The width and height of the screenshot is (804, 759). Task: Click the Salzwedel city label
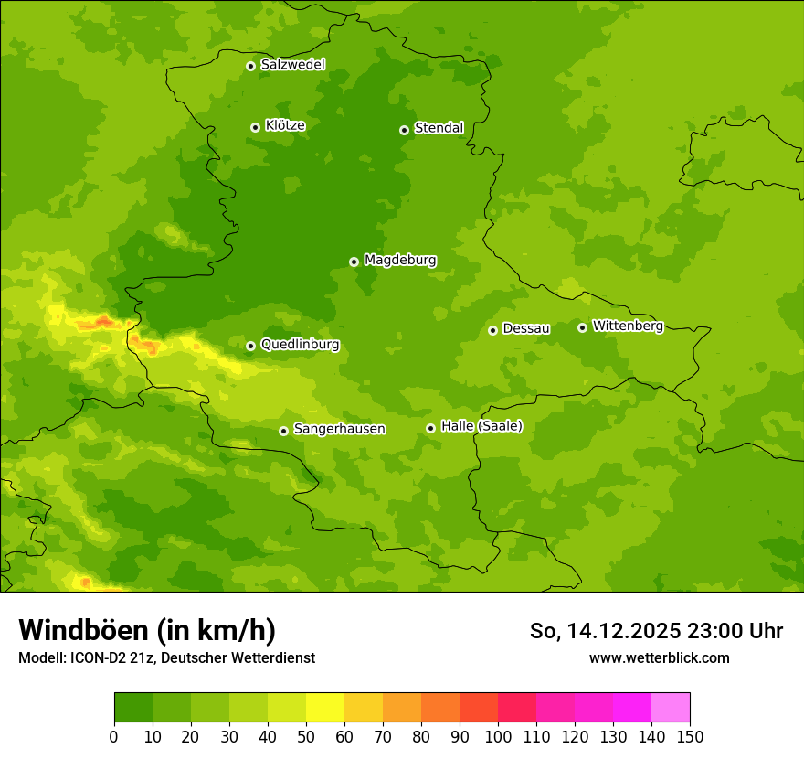(x=292, y=65)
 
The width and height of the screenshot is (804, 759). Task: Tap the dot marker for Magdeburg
(x=354, y=262)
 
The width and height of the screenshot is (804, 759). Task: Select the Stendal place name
(x=439, y=128)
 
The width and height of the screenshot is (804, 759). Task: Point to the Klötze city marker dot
(x=255, y=127)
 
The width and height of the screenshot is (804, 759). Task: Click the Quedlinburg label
(x=300, y=345)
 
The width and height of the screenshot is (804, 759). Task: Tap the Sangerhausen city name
(x=339, y=429)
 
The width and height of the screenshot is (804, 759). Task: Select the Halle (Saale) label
(x=481, y=426)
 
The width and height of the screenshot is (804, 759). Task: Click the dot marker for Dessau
(x=492, y=330)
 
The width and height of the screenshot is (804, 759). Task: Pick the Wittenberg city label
(x=628, y=326)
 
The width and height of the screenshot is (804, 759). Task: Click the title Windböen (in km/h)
(x=147, y=630)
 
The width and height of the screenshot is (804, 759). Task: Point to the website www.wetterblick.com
(x=659, y=657)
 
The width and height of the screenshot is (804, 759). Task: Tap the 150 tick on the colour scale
(x=690, y=737)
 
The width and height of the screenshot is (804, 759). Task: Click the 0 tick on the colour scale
(x=114, y=737)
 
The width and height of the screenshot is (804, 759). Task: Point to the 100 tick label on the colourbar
(x=498, y=737)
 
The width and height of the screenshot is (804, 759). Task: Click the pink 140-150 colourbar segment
(x=671, y=708)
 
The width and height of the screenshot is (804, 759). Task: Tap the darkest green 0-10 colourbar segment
(x=133, y=708)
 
